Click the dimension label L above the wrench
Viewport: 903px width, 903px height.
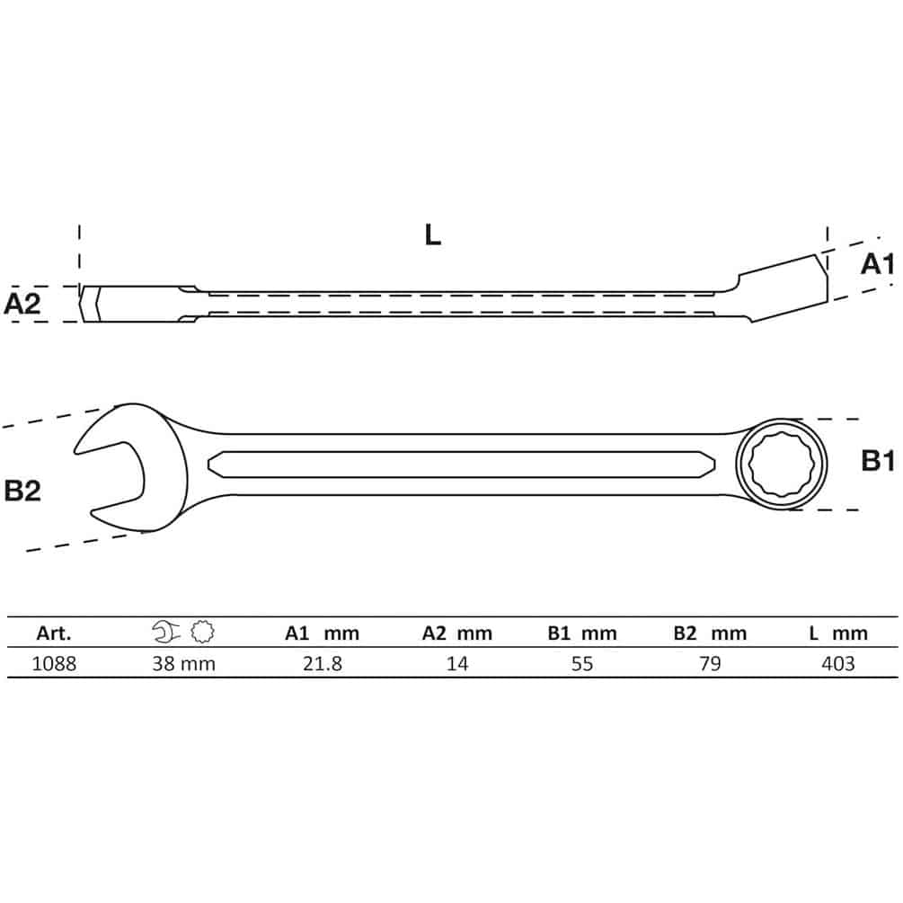tap(432, 235)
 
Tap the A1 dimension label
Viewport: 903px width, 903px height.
tap(878, 264)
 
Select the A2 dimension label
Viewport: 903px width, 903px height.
tap(22, 304)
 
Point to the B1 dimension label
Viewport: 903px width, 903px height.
tap(878, 461)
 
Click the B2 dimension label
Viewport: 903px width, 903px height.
tap(22, 491)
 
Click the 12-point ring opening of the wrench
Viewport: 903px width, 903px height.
tap(782, 465)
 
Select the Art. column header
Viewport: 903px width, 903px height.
tap(54, 633)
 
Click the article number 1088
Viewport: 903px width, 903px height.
tap(54, 664)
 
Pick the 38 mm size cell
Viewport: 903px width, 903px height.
tap(183, 664)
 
